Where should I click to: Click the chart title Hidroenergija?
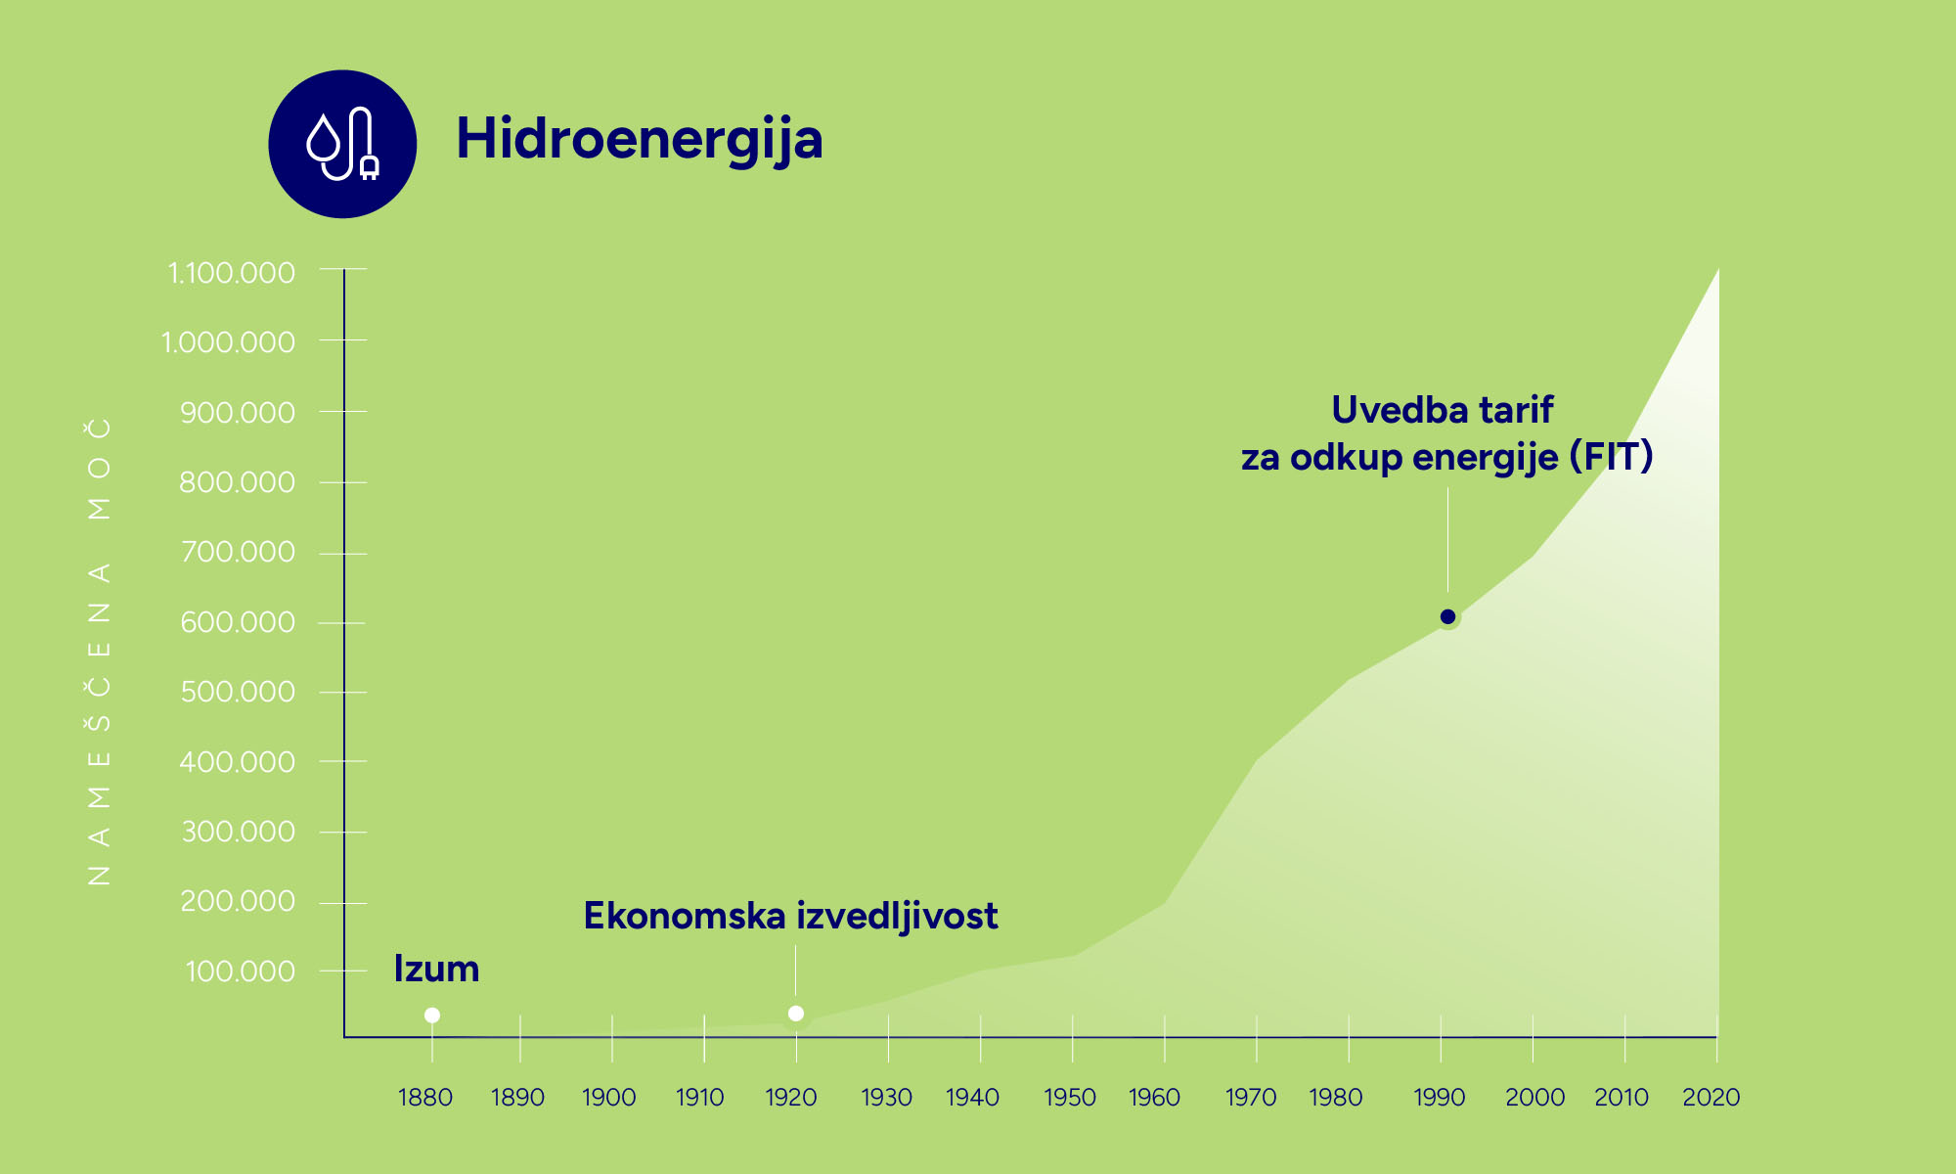click(x=640, y=140)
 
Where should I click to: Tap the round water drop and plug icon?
click(x=342, y=144)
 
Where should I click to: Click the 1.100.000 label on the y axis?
click(x=232, y=273)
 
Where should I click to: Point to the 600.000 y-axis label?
click(x=238, y=622)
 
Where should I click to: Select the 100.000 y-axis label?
click(x=240, y=971)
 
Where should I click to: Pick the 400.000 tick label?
click(x=238, y=762)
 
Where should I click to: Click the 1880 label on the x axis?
click(x=425, y=1098)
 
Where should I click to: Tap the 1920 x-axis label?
click(x=791, y=1098)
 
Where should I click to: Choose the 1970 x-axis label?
click(x=1251, y=1098)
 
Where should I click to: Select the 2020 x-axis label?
click(x=1711, y=1098)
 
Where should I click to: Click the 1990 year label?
click(x=1440, y=1098)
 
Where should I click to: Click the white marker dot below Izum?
click(x=432, y=1016)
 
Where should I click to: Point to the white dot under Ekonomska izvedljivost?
click(x=796, y=1014)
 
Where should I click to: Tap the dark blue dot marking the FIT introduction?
click(x=1448, y=616)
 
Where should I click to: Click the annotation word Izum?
click(x=436, y=969)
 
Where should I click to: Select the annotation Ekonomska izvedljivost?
click(x=790, y=917)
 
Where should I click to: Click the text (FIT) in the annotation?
click(x=1612, y=457)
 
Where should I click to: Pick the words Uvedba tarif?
click(x=1443, y=410)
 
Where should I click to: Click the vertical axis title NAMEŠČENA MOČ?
click(x=100, y=652)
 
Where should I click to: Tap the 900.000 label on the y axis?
click(x=238, y=413)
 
